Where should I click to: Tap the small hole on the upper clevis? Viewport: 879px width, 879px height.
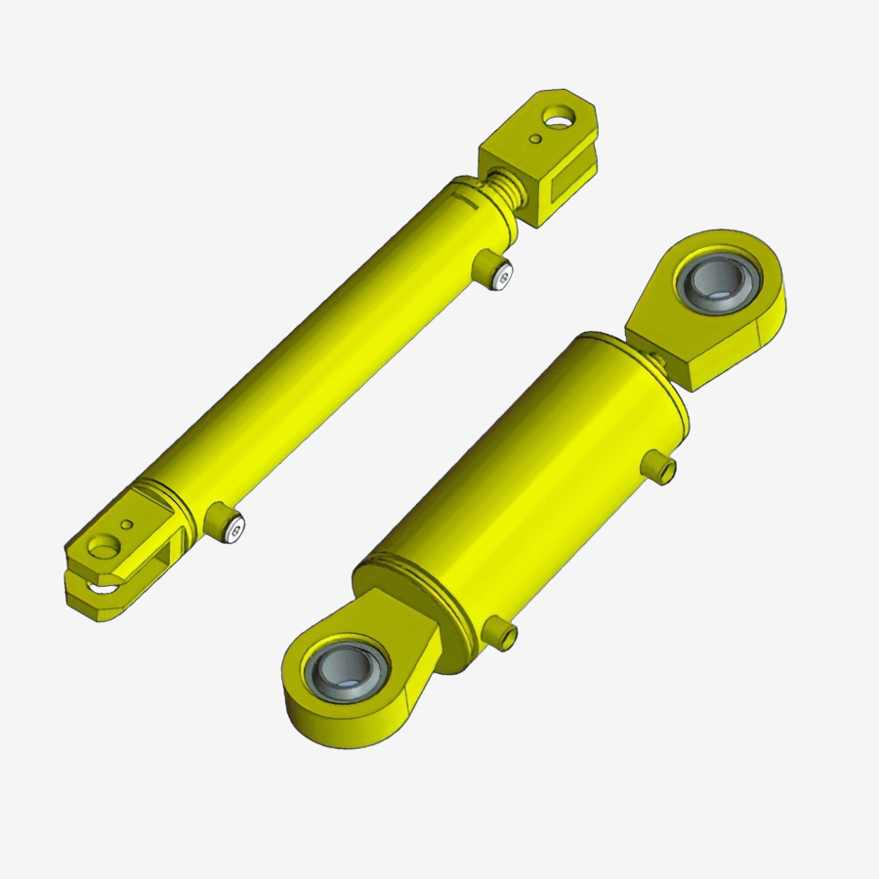point(535,140)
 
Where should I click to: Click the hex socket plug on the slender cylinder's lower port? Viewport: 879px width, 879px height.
point(234,530)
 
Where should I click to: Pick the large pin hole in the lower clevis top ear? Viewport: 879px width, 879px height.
point(102,548)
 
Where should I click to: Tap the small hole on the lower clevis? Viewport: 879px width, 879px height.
point(125,524)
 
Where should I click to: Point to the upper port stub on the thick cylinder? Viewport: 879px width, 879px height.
point(662,469)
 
